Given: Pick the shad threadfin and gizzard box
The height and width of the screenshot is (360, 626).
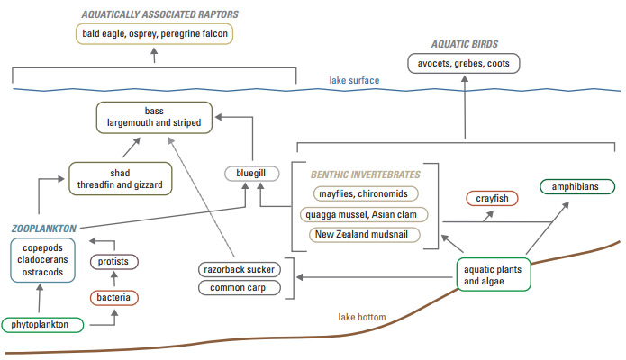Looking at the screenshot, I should [x=120, y=178].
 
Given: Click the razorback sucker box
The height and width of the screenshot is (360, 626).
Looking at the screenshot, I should [x=239, y=269].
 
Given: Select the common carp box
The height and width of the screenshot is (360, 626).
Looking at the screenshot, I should [x=239, y=289].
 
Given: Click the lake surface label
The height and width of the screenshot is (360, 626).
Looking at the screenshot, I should [x=354, y=80].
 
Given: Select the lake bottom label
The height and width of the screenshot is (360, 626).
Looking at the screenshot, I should [x=365, y=317].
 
